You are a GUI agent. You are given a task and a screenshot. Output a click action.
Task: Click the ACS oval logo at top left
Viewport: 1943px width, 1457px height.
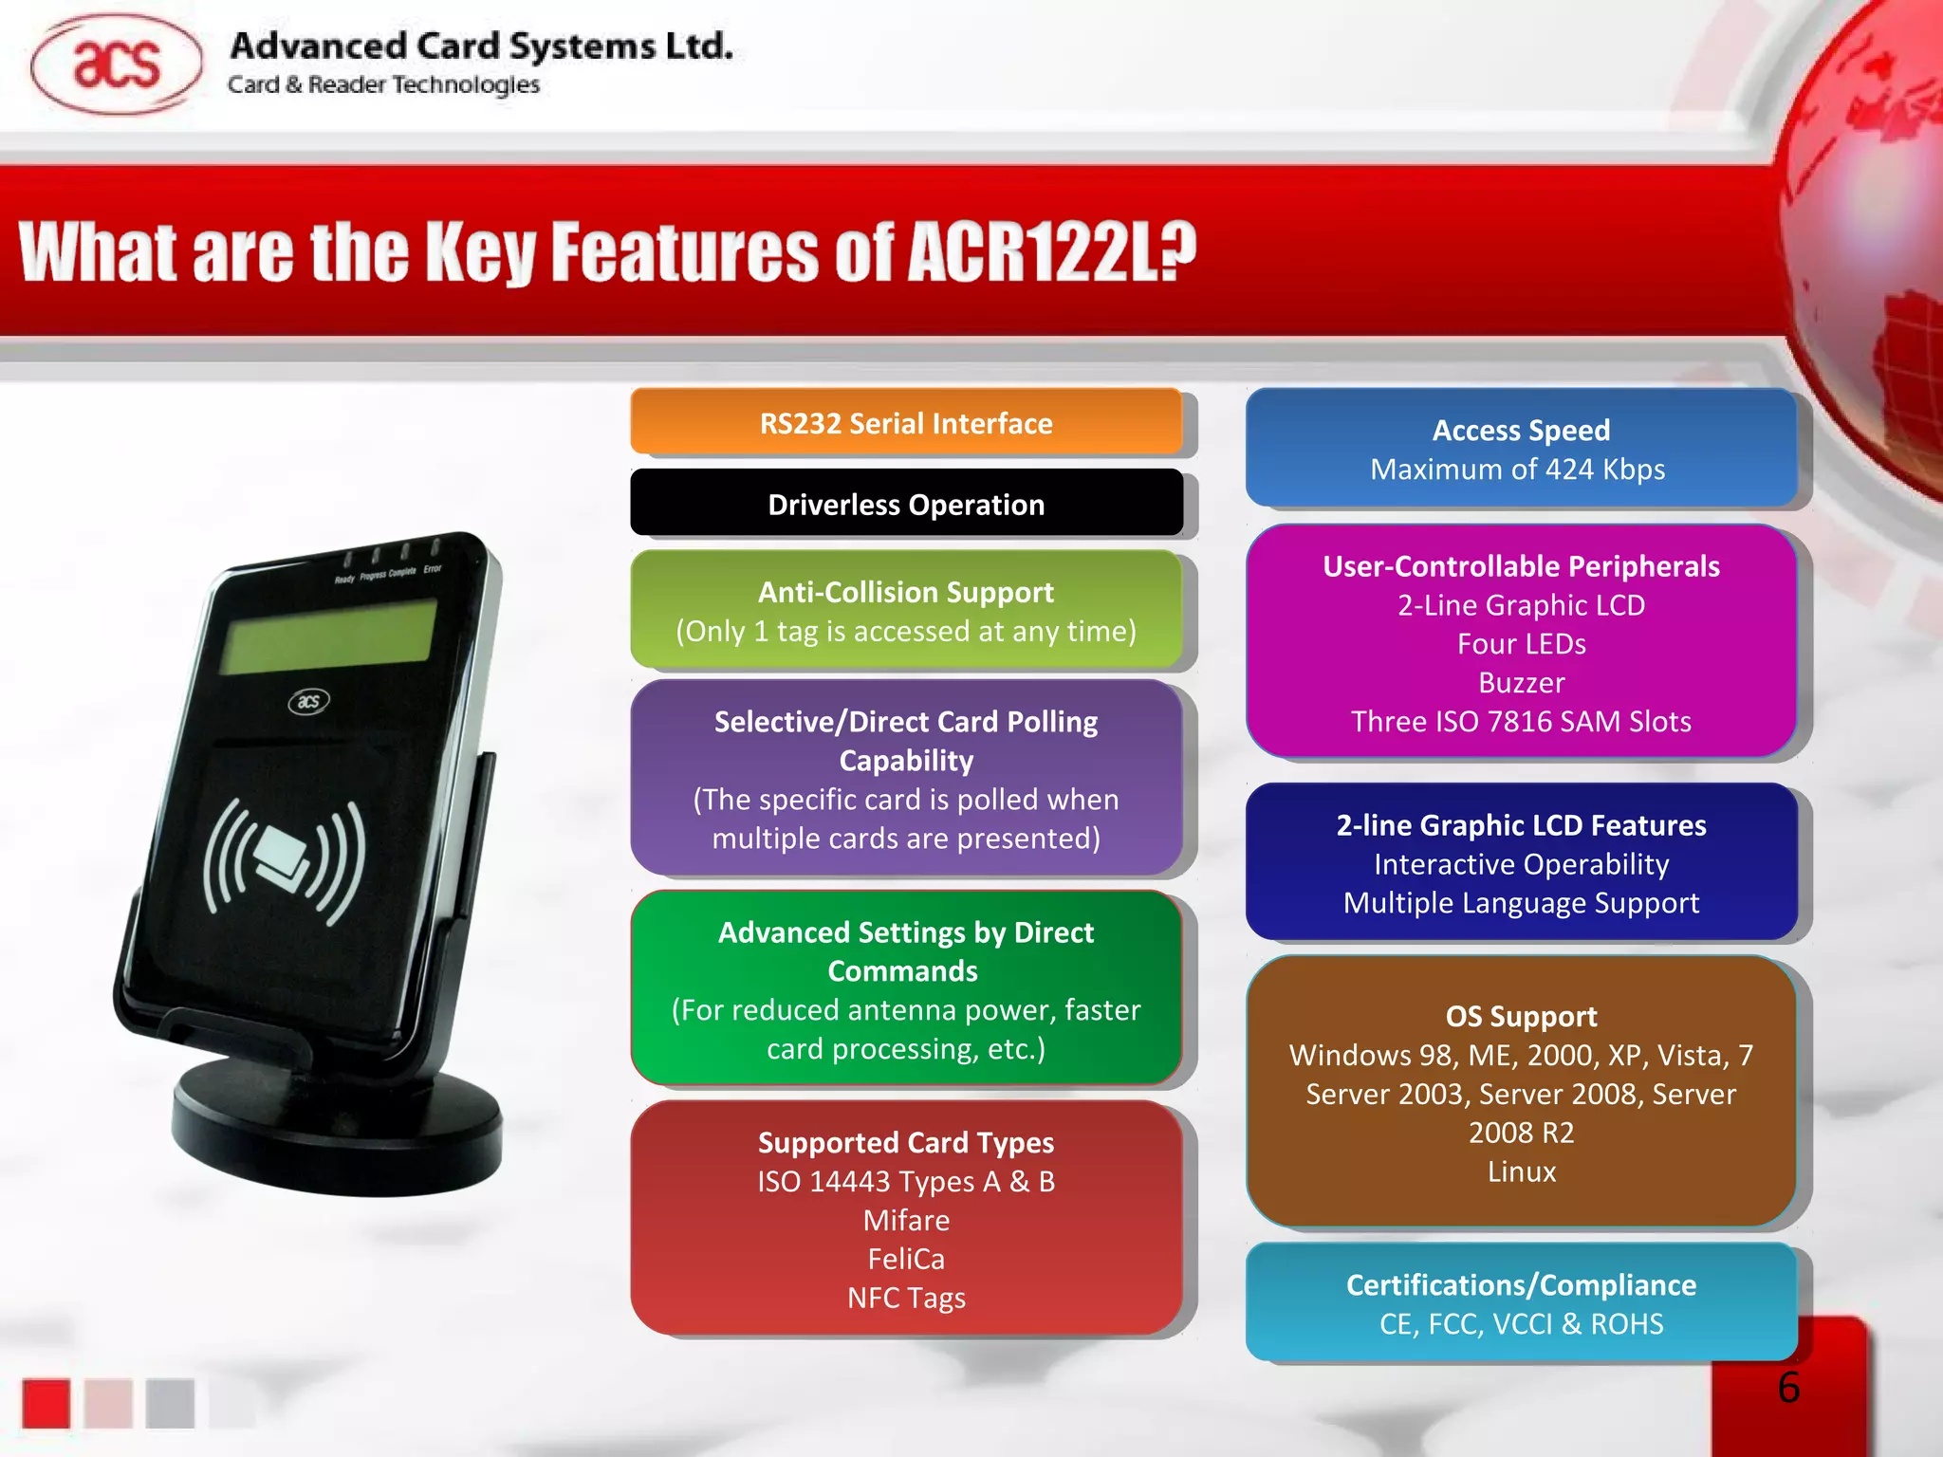click(116, 65)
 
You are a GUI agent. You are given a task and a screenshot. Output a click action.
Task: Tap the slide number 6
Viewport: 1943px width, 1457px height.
click(1788, 1388)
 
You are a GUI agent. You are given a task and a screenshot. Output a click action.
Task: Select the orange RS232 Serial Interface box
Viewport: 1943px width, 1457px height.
click(906, 423)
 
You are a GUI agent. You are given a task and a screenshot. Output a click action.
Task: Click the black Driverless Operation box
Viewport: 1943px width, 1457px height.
click(906, 504)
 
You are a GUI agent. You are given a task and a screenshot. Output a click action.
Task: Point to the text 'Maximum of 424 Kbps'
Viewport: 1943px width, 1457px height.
click(1517, 470)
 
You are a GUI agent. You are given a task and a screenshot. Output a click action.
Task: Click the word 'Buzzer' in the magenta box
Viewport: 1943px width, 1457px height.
click(1521, 683)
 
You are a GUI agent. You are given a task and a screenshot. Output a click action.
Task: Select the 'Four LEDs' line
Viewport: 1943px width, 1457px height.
click(1521, 644)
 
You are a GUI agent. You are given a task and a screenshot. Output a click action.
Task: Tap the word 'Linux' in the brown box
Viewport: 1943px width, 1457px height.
click(1521, 1171)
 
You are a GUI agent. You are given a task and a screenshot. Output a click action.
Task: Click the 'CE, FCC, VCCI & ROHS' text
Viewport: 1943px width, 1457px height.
click(1521, 1324)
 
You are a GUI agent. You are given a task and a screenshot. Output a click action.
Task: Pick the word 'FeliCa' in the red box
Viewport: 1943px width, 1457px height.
click(906, 1259)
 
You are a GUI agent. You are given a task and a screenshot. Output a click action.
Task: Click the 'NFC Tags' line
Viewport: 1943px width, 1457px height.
click(906, 1298)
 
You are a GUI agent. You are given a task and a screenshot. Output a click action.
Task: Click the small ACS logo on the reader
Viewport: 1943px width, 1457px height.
click(309, 701)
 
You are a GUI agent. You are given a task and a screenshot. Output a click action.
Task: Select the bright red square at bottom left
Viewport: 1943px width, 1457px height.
click(46, 1403)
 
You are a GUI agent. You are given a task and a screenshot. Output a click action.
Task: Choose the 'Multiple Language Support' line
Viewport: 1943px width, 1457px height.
click(1521, 903)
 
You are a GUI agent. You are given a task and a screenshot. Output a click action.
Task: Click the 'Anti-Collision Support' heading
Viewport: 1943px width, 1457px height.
click(906, 592)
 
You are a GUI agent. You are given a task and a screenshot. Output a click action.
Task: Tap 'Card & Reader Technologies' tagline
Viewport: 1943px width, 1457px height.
click(383, 85)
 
